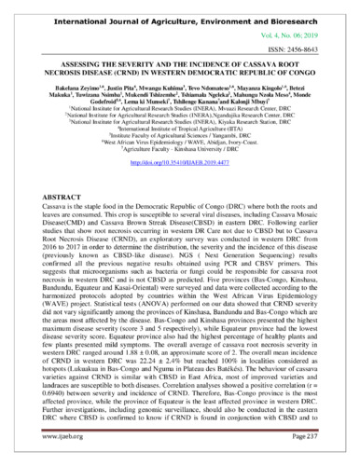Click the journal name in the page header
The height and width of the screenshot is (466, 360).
point(179,14)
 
